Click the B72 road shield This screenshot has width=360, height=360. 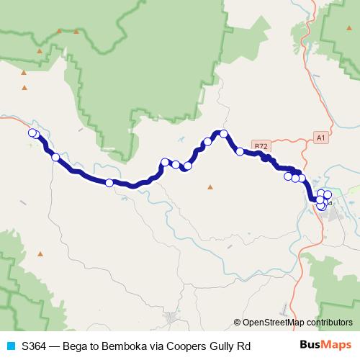tap(261, 145)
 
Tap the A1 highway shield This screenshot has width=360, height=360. tap(321, 137)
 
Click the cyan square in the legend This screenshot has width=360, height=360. tap(10, 346)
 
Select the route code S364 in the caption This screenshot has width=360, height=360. tap(35, 346)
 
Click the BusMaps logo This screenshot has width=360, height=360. tap(325, 346)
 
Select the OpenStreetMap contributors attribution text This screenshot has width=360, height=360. tap(297, 322)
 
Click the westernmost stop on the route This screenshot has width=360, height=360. tap(32, 132)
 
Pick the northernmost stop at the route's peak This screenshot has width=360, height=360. tap(224, 133)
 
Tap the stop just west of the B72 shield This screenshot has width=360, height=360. tap(240, 151)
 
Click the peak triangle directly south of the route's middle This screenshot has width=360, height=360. tap(210, 187)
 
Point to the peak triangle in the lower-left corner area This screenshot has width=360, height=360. tap(40, 253)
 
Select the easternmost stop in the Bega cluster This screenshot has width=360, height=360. tap(328, 194)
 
